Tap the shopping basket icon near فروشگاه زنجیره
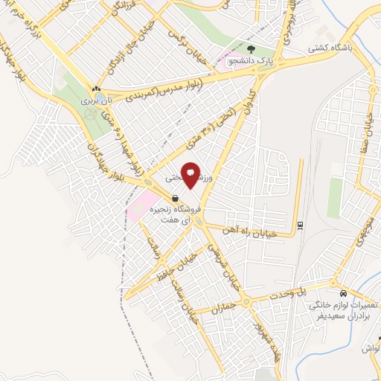[x=174, y=199]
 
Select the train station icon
[x=299, y=224]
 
